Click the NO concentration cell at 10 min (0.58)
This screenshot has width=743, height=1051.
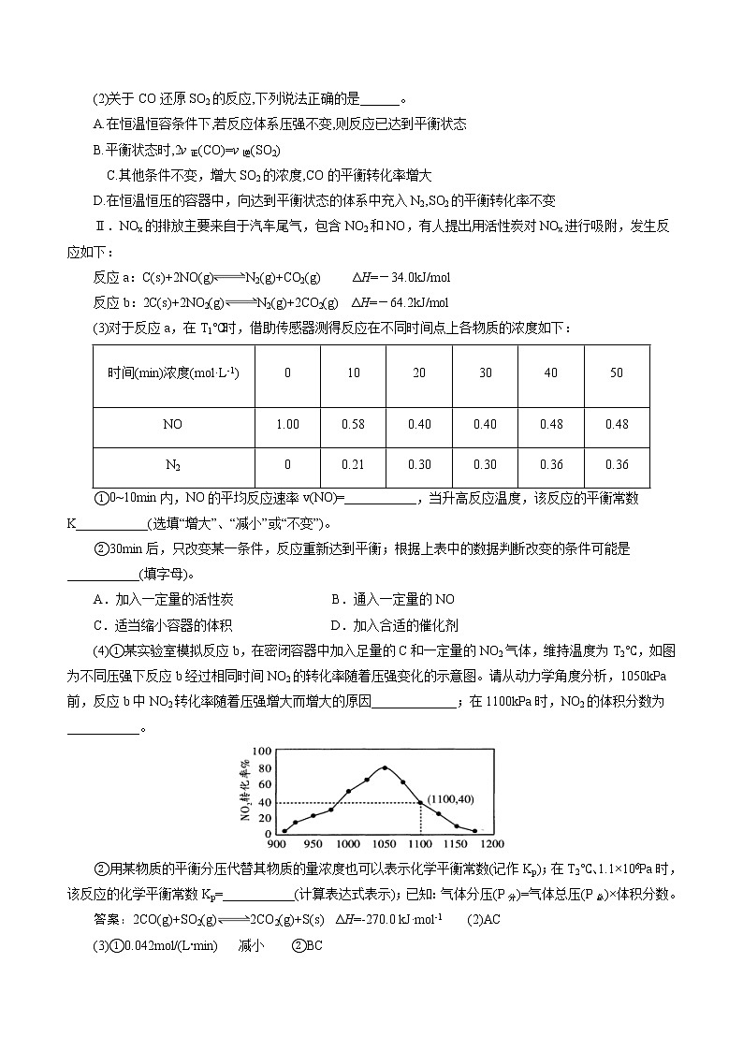(353, 424)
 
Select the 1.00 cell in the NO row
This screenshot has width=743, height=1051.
(287, 424)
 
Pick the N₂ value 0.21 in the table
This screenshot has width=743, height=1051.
(353, 465)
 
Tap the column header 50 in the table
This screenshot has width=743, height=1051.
(616, 372)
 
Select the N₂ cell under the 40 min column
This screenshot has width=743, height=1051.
(550, 465)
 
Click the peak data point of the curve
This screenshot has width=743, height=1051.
(384, 767)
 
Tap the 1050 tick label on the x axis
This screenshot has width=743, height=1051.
(384, 841)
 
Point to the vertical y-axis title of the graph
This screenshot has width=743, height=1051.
(246, 791)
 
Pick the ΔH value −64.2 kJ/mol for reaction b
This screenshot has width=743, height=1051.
(401, 302)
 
